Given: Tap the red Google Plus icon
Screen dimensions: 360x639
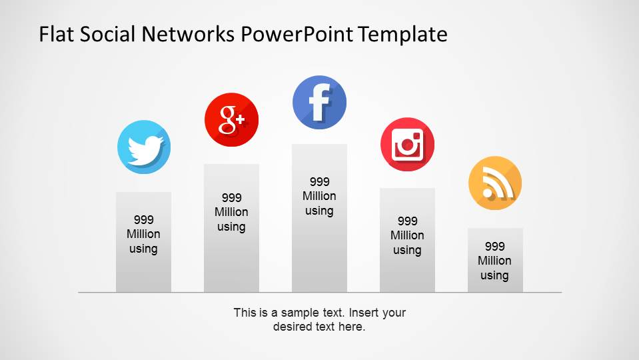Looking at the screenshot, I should click(231, 119).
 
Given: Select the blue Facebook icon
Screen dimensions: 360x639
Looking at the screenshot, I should click(319, 103).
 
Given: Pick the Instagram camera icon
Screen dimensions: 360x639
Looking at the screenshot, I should click(407, 145).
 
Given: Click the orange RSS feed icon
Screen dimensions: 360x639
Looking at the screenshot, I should click(495, 183).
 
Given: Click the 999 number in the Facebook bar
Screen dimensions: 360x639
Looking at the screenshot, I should click(320, 181).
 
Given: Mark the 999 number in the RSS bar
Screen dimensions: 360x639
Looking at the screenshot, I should click(495, 246).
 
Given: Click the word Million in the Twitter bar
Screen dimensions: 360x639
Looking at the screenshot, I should click(143, 234).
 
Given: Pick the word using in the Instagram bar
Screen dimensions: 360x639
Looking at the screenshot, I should click(407, 250).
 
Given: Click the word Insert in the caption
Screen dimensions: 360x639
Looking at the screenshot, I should click(365, 313).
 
